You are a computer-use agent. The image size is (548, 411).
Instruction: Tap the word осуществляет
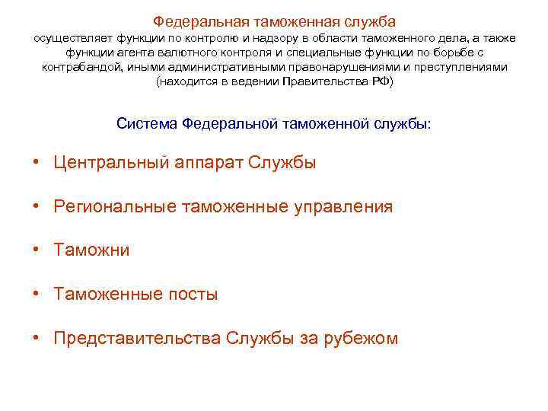click(68, 37)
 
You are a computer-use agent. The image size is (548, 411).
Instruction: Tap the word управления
click(348, 206)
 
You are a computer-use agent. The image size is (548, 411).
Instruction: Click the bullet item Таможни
click(91, 250)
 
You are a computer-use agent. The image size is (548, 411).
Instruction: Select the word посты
click(192, 294)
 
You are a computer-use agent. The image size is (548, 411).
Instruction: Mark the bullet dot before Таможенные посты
click(36, 294)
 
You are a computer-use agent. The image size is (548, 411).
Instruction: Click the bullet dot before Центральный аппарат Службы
click(36, 163)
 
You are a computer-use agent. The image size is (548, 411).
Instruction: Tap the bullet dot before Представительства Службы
click(36, 338)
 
